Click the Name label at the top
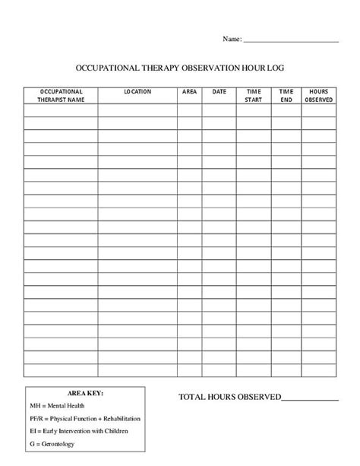coord(231,38)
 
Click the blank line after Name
coord(290,40)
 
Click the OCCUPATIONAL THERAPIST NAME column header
coord(61,95)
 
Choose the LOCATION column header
coord(137,92)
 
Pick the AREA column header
coord(189,92)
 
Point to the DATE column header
coord(219,92)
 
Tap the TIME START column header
coord(253,95)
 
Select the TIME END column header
coord(286,95)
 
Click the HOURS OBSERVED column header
coord(318,95)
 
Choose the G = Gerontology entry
coord(51,443)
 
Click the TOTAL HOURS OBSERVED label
coord(229,397)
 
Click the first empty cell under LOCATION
coord(137,110)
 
